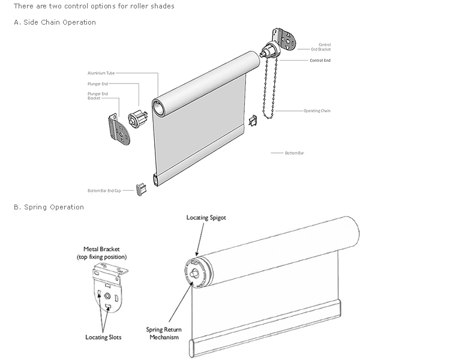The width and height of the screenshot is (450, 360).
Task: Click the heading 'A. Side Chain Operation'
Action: point(55,22)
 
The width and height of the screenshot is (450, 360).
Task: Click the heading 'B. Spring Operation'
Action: point(49,207)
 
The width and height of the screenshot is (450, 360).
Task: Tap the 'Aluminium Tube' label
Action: point(101,73)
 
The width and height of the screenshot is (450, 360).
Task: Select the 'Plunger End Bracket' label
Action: point(98,95)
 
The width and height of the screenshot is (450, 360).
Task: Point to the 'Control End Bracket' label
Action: point(324,47)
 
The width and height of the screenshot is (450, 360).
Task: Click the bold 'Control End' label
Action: point(320,61)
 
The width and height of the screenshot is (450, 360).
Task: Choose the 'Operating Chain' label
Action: point(317,111)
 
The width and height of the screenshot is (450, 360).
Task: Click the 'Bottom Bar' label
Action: point(295,154)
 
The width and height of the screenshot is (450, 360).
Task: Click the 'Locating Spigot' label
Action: point(206,217)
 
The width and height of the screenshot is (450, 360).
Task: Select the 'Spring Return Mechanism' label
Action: point(163,333)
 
